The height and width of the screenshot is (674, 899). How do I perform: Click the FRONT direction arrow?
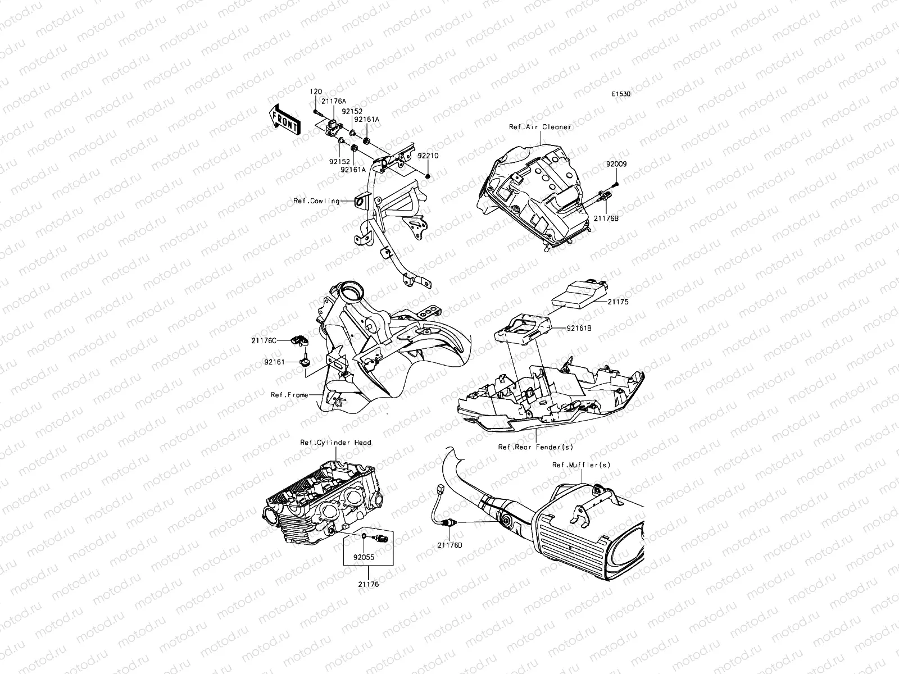click(x=285, y=120)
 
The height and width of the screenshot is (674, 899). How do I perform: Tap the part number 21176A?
click(x=333, y=101)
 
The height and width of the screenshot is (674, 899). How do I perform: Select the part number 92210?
click(x=428, y=156)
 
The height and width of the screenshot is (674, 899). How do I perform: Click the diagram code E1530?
click(x=621, y=94)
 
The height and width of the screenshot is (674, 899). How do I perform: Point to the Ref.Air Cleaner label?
click(x=540, y=127)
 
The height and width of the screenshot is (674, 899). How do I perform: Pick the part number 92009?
click(x=616, y=164)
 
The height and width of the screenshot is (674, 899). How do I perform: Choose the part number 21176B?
click(x=606, y=218)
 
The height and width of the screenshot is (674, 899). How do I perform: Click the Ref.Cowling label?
click(x=316, y=201)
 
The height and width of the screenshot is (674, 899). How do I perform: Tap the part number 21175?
click(x=618, y=302)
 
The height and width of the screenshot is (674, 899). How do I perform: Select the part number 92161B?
click(x=579, y=328)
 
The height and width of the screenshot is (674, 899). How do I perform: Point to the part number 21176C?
click(x=264, y=340)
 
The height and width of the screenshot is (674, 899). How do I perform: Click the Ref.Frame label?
click(x=289, y=395)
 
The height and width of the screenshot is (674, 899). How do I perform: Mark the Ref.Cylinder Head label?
click(x=335, y=443)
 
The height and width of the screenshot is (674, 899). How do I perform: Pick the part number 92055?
click(x=364, y=557)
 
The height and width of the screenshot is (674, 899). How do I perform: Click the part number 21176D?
click(x=449, y=545)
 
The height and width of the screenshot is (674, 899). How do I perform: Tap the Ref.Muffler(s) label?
click(x=581, y=465)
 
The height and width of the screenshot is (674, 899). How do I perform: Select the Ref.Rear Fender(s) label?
click(x=535, y=447)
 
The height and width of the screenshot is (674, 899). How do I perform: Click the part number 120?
click(x=316, y=92)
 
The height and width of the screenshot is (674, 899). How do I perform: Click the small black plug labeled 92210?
click(x=428, y=176)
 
